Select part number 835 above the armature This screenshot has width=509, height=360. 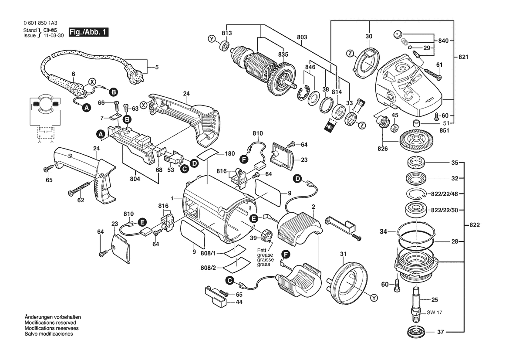tap(283, 54)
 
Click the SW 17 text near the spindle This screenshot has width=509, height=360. tap(434, 312)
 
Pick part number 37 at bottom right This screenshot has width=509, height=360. tap(441, 333)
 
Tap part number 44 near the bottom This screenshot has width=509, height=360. tap(239, 302)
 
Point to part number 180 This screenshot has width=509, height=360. tap(230, 154)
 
